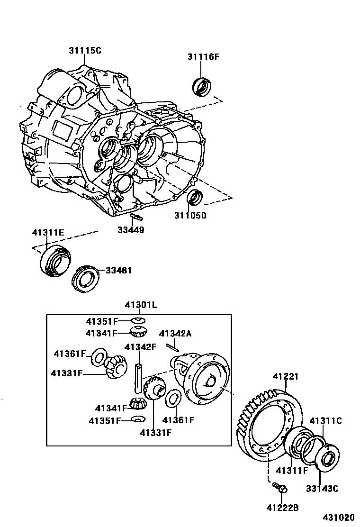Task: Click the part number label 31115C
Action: coord(84,51)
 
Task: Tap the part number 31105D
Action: coord(190,216)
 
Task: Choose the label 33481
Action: coord(118,270)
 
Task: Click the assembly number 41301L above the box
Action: coord(141,305)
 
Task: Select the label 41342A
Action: coord(175,334)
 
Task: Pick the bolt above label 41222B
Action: coord(279,487)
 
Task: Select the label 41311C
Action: coord(325,421)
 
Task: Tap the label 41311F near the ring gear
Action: coord(292,471)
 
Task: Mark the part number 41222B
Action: coord(282,508)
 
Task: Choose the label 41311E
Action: coord(48,232)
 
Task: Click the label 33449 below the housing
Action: coord(131,230)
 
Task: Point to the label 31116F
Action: coord(203,57)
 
